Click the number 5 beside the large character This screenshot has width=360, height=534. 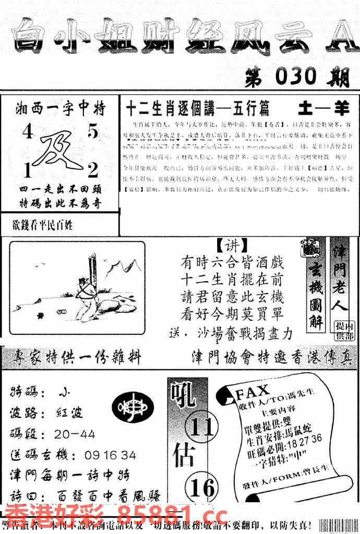point(92,132)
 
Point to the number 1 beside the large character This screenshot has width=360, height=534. point(26,171)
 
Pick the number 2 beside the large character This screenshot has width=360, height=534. point(93,170)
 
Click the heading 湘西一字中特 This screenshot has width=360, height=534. point(61,109)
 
